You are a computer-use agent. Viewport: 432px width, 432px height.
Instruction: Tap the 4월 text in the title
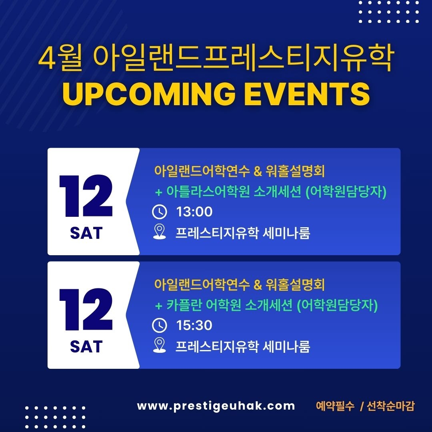[x=60, y=58]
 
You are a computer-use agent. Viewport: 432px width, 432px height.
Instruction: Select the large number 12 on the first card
[x=86, y=196]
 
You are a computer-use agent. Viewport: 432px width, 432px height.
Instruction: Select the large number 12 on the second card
[x=86, y=309]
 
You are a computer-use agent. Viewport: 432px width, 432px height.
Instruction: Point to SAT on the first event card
[x=86, y=233]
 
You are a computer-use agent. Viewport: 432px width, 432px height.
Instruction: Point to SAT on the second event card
[x=86, y=346]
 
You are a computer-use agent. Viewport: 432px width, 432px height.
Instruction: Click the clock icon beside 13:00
[x=160, y=212]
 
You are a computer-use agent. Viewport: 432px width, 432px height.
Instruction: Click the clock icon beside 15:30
[x=160, y=325]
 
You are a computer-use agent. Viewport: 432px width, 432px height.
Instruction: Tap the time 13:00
[x=194, y=212]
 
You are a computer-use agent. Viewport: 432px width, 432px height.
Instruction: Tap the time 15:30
[x=194, y=325]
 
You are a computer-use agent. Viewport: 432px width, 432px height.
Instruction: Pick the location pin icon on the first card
[x=160, y=232]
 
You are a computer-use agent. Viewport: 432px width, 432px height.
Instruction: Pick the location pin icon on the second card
[x=160, y=345]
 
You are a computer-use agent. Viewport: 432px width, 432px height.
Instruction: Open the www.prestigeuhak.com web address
[x=216, y=406]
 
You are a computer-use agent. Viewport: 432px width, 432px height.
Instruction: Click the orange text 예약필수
[x=335, y=406]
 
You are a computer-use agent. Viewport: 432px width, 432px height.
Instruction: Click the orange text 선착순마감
[x=390, y=406]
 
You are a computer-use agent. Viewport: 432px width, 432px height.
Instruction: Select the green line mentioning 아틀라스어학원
[x=271, y=192]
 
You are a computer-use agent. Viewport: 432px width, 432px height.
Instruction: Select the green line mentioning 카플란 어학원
[x=266, y=305]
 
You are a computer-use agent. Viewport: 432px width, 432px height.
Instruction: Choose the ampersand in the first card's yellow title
[x=258, y=171]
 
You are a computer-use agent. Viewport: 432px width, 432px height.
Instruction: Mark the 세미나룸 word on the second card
[x=286, y=346]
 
